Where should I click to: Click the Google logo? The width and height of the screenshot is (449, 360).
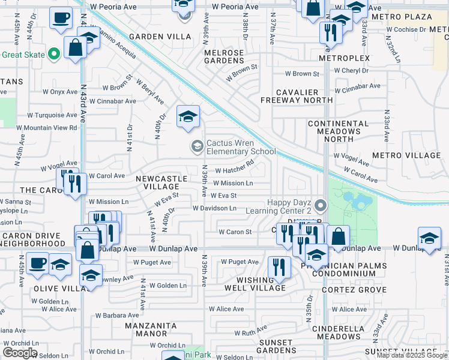[x=19, y=353]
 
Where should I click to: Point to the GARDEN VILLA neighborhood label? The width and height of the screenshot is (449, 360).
[x=160, y=37]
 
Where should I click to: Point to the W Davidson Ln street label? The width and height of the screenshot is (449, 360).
[x=214, y=208]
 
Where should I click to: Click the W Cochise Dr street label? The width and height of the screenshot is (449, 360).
[x=406, y=29]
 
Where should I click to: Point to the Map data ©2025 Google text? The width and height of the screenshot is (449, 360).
[x=412, y=355]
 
